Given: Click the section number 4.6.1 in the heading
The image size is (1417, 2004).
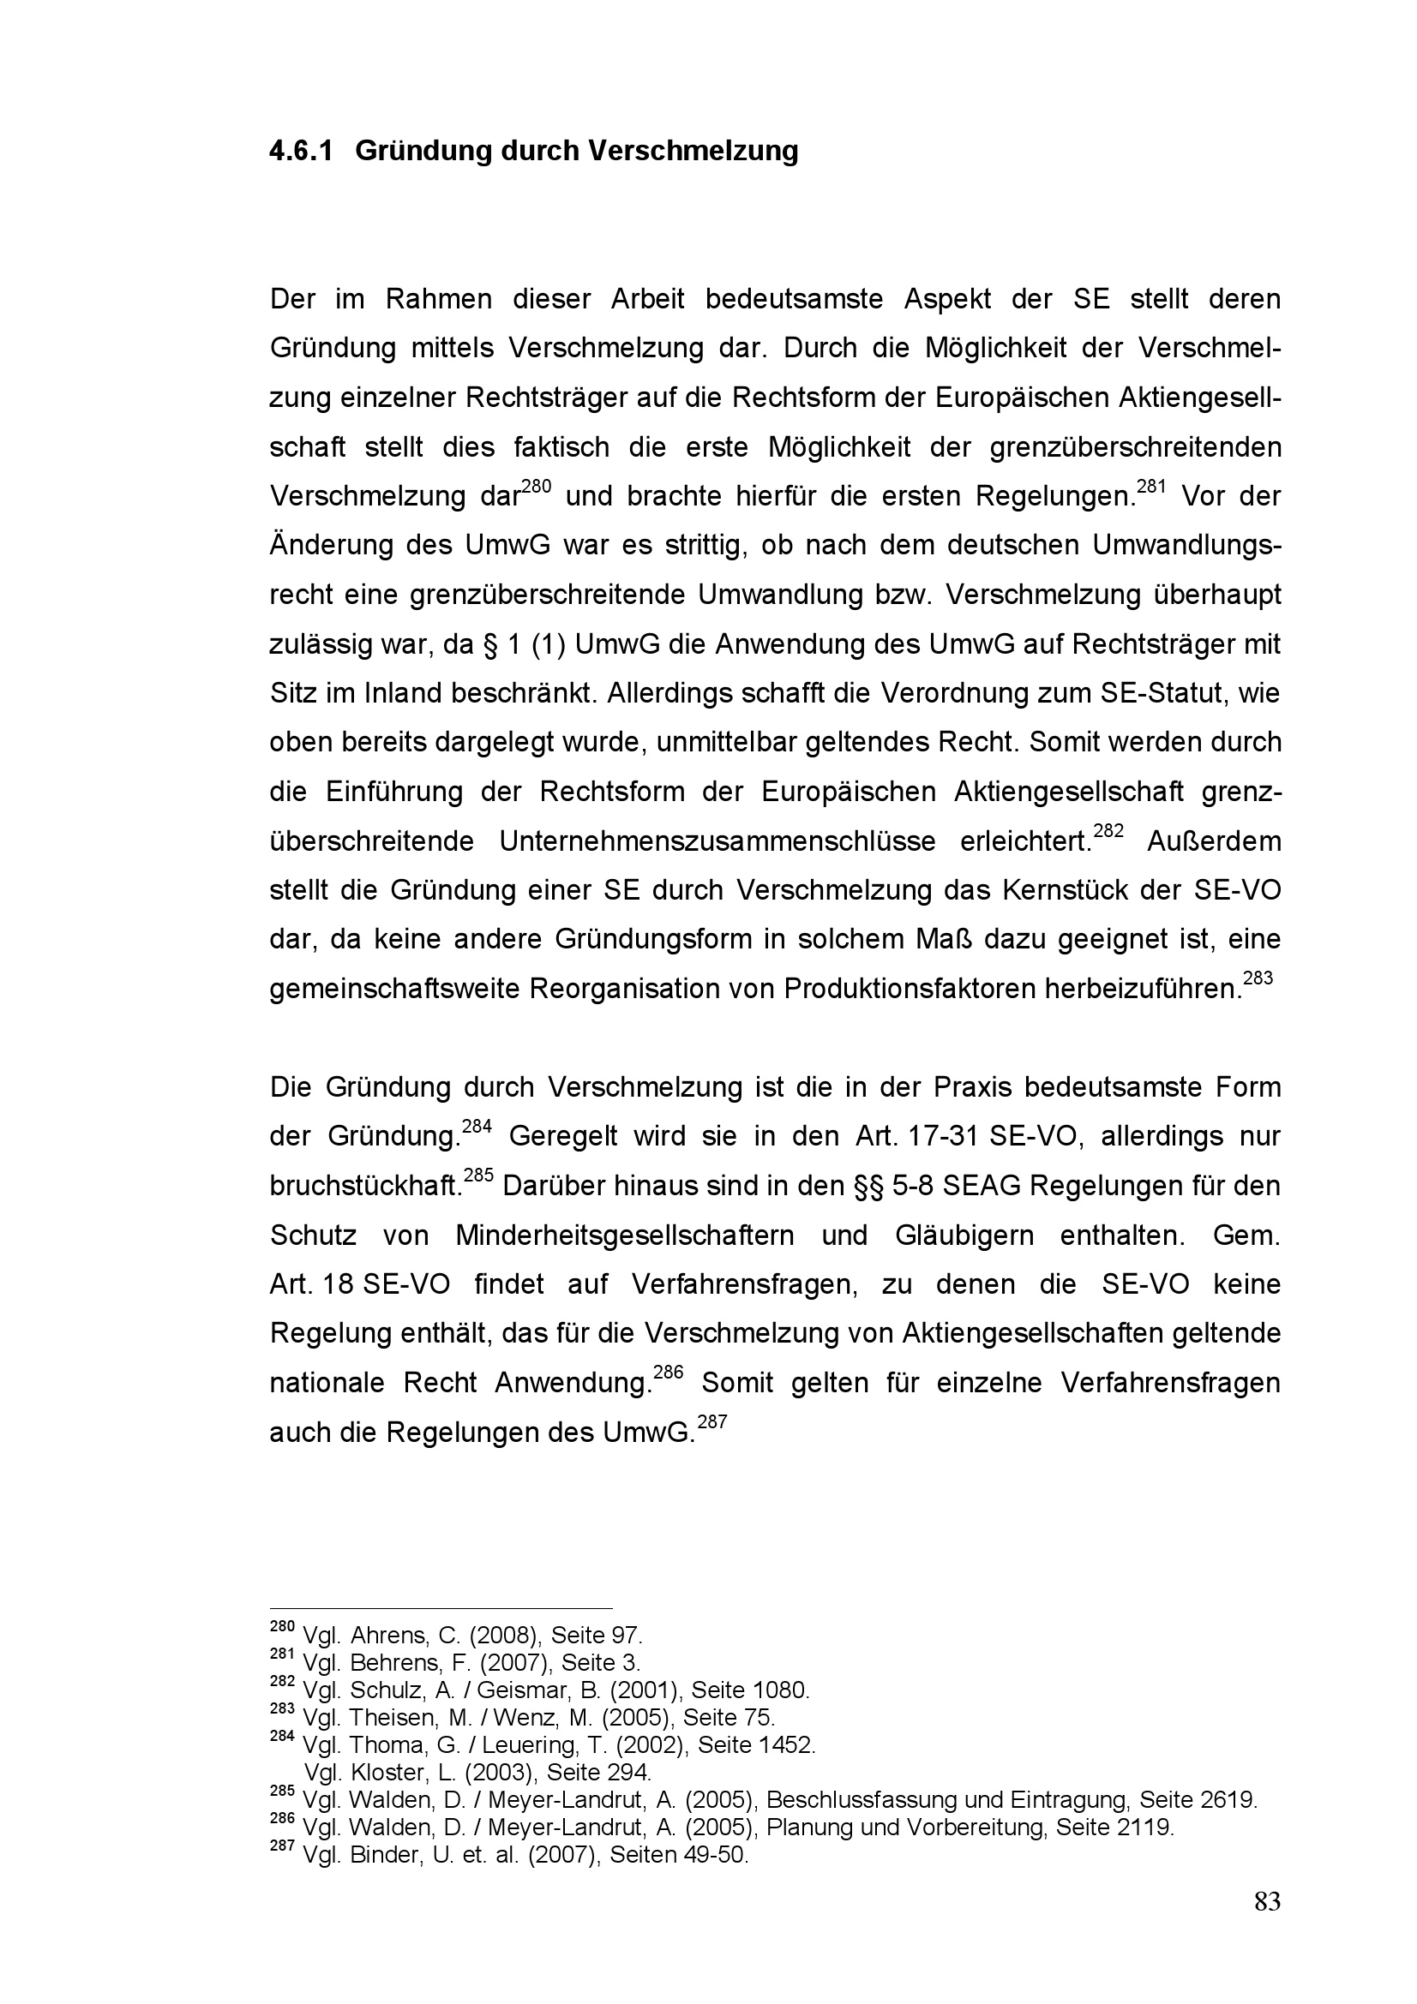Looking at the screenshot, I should tap(301, 151).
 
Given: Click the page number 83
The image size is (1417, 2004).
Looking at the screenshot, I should tap(1267, 1900).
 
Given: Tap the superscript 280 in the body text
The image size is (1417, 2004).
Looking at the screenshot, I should tap(536, 485).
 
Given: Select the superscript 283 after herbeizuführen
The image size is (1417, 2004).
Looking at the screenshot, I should tap(1258, 978).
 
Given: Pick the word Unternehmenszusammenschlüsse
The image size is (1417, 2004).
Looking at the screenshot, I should tap(718, 841).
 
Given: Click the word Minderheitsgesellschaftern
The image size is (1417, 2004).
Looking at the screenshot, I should tap(624, 1235).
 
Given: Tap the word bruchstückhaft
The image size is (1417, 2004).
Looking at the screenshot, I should tap(364, 1186).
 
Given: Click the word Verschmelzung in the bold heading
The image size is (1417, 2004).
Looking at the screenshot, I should tap(693, 151).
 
